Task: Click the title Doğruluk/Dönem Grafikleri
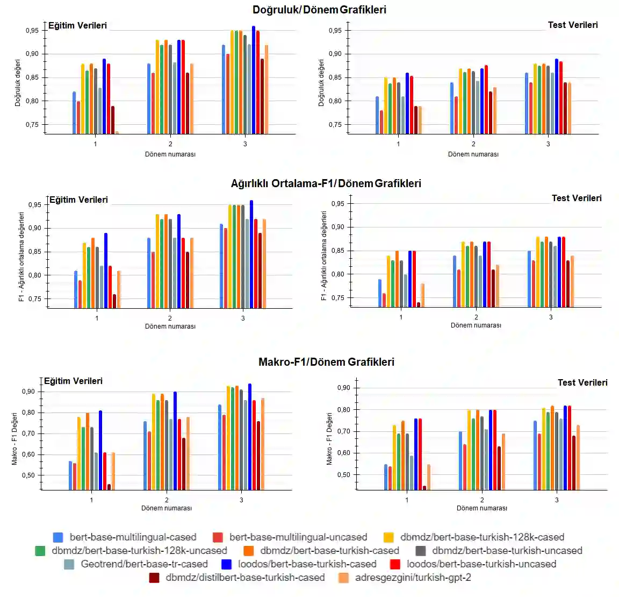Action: coord(319,10)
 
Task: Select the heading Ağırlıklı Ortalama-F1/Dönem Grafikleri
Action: coord(326,183)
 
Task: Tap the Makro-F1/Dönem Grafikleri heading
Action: coord(326,362)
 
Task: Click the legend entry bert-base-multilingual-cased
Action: coord(133,537)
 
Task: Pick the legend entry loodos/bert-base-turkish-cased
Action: coord(307,564)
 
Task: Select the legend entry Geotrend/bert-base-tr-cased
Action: coord(144,564)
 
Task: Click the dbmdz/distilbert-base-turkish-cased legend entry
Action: coord(245,578)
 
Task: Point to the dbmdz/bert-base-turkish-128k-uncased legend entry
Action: coord(139,551)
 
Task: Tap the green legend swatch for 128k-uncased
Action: coord(40,551)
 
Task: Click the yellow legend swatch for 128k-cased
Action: coord(388,537)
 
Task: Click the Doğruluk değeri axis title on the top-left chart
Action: coord(18,83)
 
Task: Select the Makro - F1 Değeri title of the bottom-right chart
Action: coord(329,439)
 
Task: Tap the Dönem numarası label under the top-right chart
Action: coord(473,154)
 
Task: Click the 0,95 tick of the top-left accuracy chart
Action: coord(32,31)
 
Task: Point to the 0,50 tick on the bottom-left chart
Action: coord(28,475)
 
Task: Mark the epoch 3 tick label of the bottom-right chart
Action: coord(557,500)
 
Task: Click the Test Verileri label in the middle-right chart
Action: coord(577,198)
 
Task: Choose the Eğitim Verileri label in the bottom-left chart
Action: coord(73,381)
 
